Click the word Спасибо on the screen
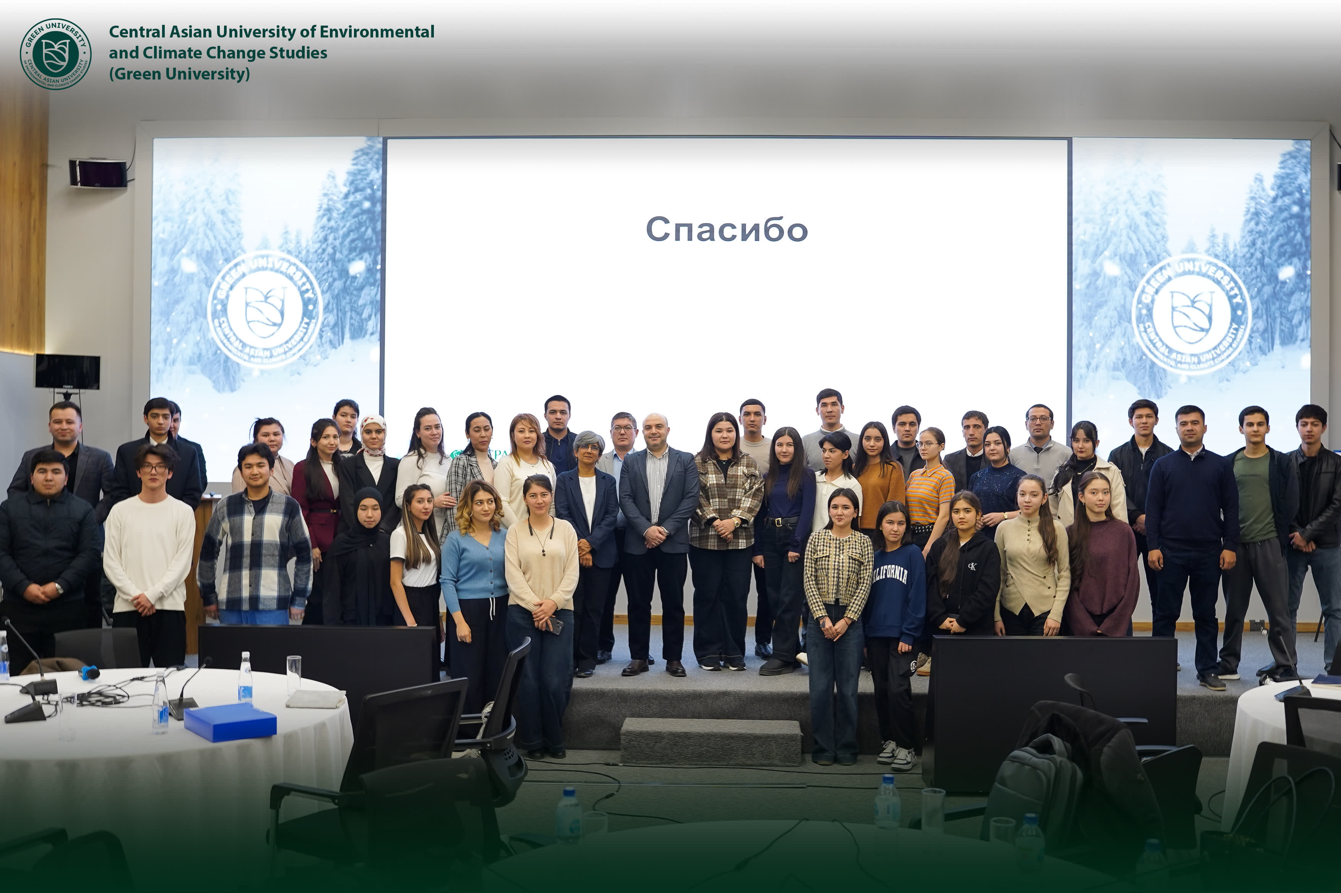click(x=727, y=229)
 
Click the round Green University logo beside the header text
click(x=55, y=54)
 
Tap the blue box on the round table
click(x=230, y=722)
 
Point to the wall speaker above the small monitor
click(x=98, y=173)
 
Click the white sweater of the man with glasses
click(x=149, y=552)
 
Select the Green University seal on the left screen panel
click(x=265, y=309)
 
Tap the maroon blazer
click(x=315, y=507)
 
